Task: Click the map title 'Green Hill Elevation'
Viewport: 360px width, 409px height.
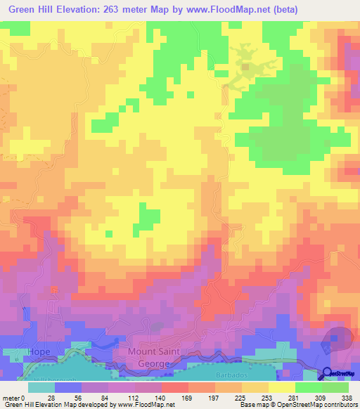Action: click(53, 9)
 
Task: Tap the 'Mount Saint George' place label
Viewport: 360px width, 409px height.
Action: click(158, 357)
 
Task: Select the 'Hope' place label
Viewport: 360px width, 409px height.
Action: click(38, 351)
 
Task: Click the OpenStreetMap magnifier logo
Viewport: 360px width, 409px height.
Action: click(328, 374)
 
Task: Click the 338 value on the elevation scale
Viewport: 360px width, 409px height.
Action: click(346, 397)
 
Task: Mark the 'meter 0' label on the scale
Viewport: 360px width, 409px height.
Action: click(15, 397)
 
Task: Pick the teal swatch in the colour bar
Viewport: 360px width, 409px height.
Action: click(41, 387)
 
